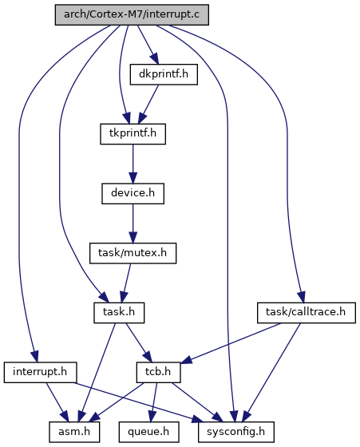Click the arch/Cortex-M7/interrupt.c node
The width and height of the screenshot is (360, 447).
coord(132,14)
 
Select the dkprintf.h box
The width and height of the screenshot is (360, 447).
coord(164,74)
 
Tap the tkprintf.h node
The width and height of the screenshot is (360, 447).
coord(133,134)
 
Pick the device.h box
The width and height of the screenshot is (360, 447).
coord(133,193)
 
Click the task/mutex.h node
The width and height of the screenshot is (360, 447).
coord(133,253)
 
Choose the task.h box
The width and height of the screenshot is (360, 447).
coord(119,313)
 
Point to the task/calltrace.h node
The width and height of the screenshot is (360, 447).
coord(307,313)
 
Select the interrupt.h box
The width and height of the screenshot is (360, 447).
coord(40,372)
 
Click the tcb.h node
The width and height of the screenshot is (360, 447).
coord(158,372)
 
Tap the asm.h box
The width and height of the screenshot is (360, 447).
coord(74,432)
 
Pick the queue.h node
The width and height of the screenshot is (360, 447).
coord(148,432)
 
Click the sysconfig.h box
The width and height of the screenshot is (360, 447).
coord(236,432)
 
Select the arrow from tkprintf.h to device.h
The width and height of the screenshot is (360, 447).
coord(133,164)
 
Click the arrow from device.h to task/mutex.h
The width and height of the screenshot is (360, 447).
coord(133,223)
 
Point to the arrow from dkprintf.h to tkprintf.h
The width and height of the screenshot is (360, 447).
coord(148,104)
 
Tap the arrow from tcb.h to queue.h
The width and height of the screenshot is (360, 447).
coord(154,402)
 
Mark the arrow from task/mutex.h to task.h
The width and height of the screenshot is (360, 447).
coord(126,283)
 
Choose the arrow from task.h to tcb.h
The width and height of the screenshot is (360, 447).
coord(139,342)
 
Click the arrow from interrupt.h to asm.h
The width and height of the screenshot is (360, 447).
coord(57,402)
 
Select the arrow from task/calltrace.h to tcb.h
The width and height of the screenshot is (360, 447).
coord(231,343)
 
